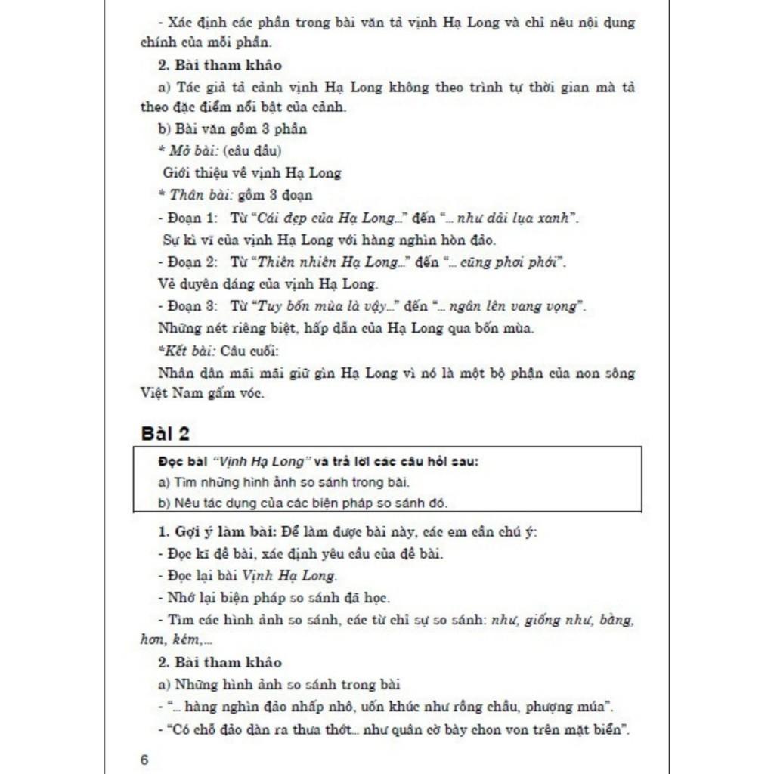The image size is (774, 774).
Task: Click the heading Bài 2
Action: [165, 434]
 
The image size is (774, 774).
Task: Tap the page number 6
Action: [144, 760]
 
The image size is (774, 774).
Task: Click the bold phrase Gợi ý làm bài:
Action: [209, 531]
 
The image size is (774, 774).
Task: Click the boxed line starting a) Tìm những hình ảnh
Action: [284, 481]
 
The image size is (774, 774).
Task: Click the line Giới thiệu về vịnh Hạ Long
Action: [252, 172]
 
